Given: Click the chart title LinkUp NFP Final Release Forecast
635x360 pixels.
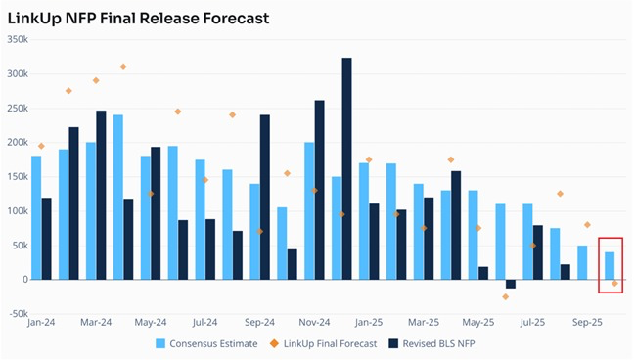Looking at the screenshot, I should click(137, 18).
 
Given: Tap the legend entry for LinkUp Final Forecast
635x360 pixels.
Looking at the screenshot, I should click(324, 342).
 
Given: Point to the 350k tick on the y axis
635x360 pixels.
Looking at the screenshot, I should click(18, 39).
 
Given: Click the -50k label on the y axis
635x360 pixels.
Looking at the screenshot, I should click(18, 313).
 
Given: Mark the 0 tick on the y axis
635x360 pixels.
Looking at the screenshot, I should click(24, 279).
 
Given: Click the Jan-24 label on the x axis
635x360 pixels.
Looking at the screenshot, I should click(41, 321).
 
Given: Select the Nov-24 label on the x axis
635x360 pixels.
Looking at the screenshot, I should click(314, 321).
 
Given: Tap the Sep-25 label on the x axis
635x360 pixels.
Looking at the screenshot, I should click(587, 321).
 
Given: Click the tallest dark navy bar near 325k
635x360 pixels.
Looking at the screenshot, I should click(346, 168).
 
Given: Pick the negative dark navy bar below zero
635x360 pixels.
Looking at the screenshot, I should click(510, 284).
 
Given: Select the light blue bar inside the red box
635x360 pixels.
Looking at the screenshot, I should click(610, 265).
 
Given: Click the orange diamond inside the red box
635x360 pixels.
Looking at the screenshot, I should click(614, 283).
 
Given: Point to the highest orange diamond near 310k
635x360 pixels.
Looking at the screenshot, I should click(123, 67).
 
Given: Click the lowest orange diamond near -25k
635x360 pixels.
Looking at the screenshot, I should click(505, 296).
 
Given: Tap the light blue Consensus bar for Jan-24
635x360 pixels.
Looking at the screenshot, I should click(36, 217).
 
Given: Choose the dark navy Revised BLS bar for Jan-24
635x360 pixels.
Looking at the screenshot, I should click(47, 238).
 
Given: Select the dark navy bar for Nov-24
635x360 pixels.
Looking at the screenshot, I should click(319, 190).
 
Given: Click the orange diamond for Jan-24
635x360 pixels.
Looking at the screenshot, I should click(41, 146).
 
